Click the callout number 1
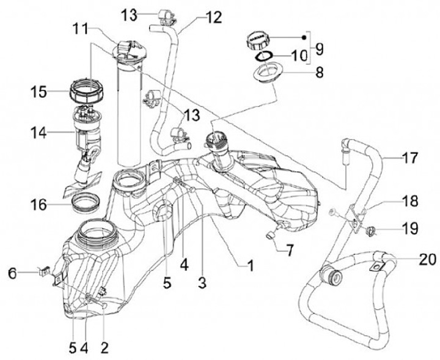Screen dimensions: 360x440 pyautogui.click(x=249, y=265)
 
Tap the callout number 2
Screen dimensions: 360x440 pyautogui.click(x=104, y=348)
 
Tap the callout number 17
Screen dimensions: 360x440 pyautogui.click(x=410, y=159)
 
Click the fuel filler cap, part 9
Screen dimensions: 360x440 pyautogui.click(x=256, y=42)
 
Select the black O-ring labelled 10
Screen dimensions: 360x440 pyautogui.click(x=264, y=57)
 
